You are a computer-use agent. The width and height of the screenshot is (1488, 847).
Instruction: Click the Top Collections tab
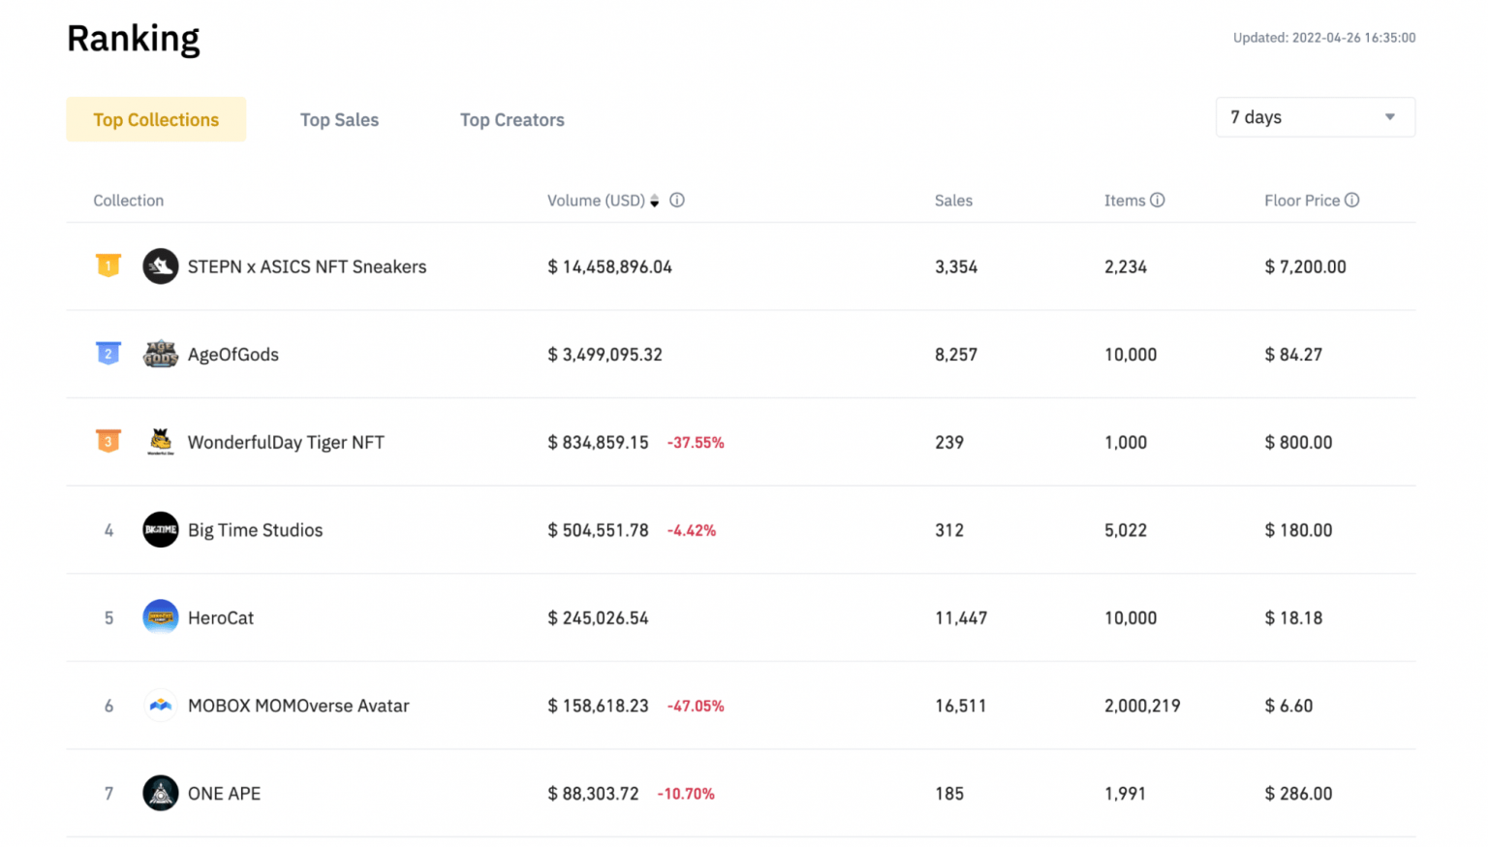click(x=156, y=119)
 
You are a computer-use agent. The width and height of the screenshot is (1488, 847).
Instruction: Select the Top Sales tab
click(x=339, y=119)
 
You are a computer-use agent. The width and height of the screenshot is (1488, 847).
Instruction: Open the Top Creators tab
click(x=511, y=119)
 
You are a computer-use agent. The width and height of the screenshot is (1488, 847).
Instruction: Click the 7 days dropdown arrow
click(x=1389, y=117)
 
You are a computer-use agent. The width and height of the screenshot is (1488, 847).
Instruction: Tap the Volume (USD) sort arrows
click(x=655, y=201)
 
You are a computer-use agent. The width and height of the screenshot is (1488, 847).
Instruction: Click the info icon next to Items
click(x=1157, y=200)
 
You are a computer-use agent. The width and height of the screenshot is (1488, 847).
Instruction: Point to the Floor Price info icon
click(x=1351, y=200)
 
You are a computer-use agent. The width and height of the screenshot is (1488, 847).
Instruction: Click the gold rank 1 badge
click(x=108, y=266)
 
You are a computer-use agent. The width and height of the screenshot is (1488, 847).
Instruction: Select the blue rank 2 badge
click(x=108, y=354)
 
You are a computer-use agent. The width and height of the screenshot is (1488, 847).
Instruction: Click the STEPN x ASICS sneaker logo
click(x=161, y=267)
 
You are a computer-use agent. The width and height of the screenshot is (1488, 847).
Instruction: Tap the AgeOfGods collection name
click(x=232, y=355)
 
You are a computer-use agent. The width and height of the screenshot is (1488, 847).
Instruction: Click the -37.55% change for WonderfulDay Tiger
click(x=696, y=443)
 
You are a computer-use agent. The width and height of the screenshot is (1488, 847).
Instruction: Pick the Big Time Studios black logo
click(x=161, y=530)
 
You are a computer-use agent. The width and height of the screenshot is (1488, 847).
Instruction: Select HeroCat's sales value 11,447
click(x=960, y=618)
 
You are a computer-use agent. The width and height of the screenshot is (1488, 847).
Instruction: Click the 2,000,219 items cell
click(x=1142, y=706)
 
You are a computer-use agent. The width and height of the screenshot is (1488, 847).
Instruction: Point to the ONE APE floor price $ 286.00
click(x=1298, y=794)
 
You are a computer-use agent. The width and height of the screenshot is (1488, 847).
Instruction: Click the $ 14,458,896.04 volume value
click(x=609, y=267)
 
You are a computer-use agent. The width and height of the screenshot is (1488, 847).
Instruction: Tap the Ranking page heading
click(x=134, y=39)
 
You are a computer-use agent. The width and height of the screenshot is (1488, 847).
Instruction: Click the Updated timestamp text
click(x=1323, y=38)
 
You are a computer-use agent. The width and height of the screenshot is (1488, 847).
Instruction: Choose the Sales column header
click(x=953, y=201)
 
